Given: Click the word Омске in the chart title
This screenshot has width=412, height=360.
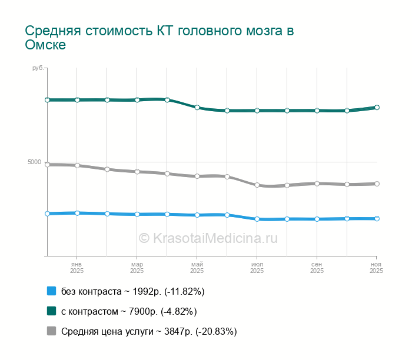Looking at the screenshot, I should coord(45,45).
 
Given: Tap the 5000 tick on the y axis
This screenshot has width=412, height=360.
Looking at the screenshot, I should coord(35,162).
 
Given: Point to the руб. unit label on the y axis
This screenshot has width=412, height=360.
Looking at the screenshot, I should coord(38,69).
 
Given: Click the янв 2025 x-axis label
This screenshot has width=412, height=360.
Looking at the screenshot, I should coord(77,268).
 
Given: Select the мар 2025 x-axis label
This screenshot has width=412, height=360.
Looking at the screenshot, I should coord(137,268).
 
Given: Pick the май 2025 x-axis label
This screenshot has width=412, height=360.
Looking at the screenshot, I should coord(197,268).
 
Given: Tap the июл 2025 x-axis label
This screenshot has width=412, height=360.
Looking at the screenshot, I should coord(257,268).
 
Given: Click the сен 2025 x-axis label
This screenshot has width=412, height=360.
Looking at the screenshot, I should coord(317,268).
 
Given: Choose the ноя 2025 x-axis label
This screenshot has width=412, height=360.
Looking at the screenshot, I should coord(376,268).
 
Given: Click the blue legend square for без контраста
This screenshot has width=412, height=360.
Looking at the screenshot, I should coord(51,291).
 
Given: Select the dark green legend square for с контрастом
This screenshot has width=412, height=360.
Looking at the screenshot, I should coord(51,311).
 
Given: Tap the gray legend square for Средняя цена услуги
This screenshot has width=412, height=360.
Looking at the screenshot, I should coord(51,331).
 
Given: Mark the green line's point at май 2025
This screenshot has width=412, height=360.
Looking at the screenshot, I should coord(197,108).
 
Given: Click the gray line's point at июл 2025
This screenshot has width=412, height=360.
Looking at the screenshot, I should coord(257,185).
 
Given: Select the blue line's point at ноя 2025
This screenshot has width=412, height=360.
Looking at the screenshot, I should coord(377,218).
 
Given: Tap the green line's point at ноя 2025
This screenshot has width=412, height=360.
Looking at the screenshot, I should coord(377,108).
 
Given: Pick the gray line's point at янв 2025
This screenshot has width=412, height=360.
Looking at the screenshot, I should coord(77,165).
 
